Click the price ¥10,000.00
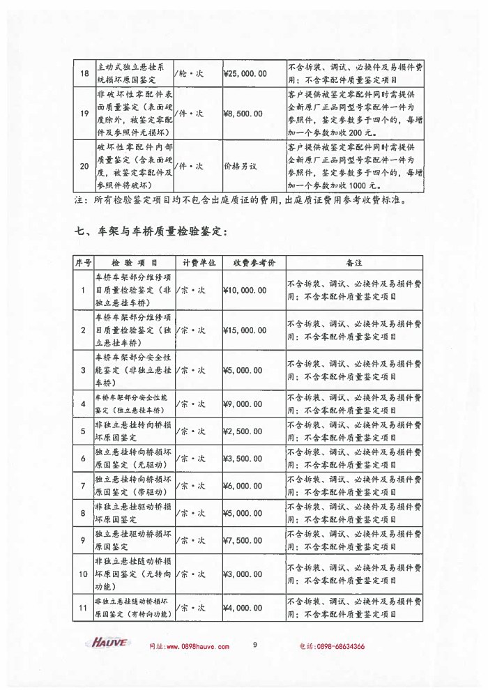coord(244,290)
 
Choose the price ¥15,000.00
coord(244,330)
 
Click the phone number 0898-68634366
coord(340,646)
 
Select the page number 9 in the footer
coord(255,645)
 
